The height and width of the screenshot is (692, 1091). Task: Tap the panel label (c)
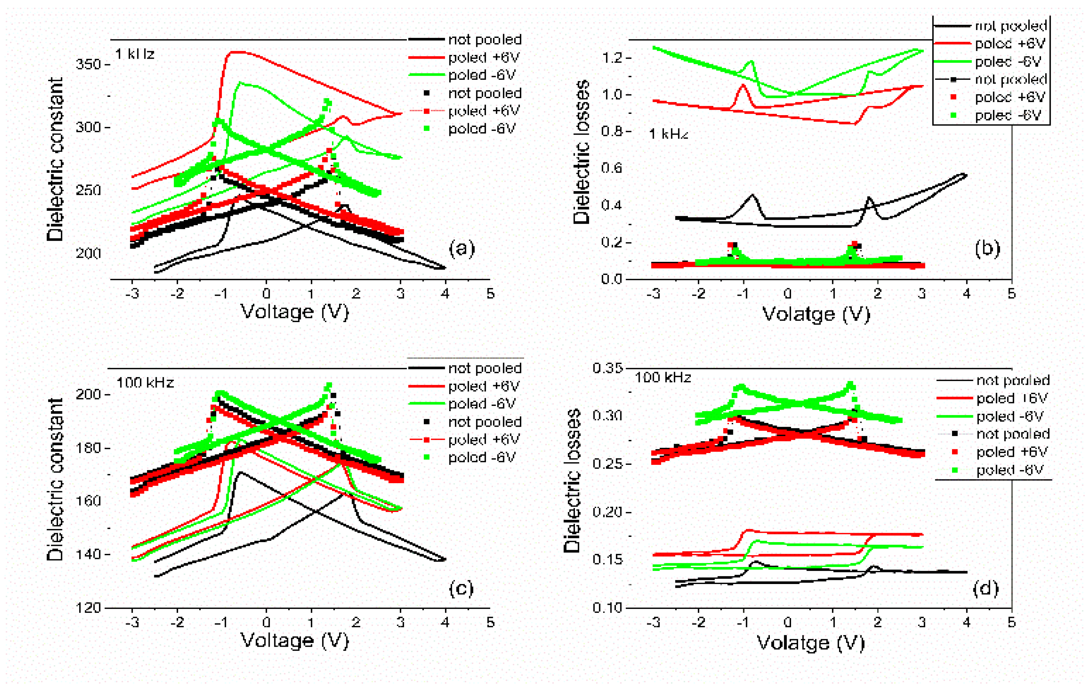point(461,588)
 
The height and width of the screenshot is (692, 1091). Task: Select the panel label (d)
point(985,588)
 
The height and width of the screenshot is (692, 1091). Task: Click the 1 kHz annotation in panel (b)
point(668,134)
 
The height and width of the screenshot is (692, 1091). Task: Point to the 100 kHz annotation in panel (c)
point(145,383)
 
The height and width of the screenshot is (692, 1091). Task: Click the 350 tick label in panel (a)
point(88,64)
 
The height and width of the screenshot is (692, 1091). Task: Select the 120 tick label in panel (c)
point(88,608)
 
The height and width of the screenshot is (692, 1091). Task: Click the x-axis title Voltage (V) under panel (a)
point(294,312)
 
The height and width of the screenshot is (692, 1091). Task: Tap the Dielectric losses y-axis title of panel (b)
point(581,152)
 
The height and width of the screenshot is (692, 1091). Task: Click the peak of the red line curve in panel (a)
point(238,52)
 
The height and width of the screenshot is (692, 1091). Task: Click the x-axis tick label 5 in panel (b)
point(1011,294)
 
